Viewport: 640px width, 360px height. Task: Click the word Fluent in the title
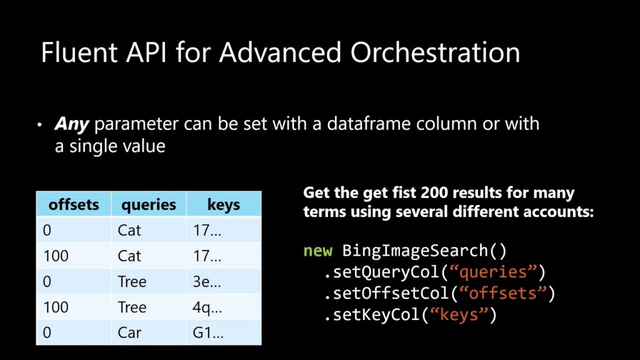tap(79, 52)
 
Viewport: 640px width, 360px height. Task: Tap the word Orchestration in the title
tap(435, 52)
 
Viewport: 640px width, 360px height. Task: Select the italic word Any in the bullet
tap(71, 124)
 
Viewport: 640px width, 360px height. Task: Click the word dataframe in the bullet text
tap(369, 123)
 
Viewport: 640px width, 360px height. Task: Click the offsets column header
tap(74, 204)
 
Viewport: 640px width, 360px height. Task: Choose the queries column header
tap(149, 205)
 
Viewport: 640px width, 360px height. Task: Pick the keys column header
tap(224, 205)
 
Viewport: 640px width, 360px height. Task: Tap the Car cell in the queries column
tap(129, 332)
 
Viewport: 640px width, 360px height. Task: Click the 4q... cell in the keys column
tap(207, 307)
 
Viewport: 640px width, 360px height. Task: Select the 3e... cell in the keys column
tap(207, 282)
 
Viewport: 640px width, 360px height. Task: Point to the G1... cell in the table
tap(208, 332)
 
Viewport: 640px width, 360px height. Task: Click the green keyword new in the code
tap(318, 251)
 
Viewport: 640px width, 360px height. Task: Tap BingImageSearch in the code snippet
tap(415, 251)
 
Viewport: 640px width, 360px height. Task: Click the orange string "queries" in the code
tap(493, 272)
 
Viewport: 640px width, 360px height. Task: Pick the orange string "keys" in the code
tap(459, 315)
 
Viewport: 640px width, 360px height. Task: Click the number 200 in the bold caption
tap(434, 192)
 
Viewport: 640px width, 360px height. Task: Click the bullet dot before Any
tap(39, 125)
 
